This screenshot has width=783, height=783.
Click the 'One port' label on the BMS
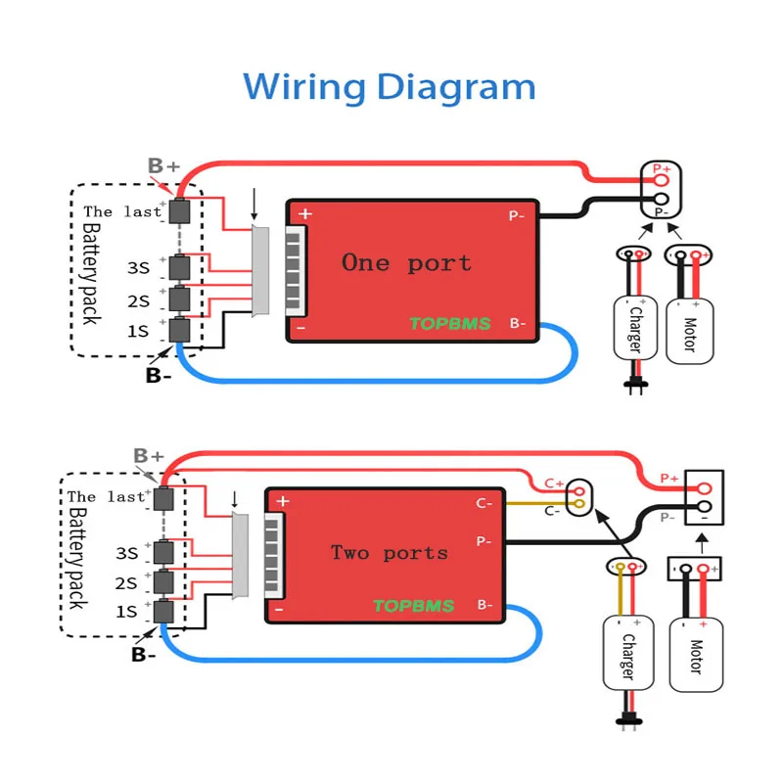406,262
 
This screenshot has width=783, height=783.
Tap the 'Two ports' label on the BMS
389,553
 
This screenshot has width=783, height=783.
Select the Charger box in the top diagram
634,330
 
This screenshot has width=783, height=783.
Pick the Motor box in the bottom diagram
696,655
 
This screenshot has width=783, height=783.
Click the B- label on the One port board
518,323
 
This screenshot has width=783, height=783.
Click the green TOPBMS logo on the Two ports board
413,606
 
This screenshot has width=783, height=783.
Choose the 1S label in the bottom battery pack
126,612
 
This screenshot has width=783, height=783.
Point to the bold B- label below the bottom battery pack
144,655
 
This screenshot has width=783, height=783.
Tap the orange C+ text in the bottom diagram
554,483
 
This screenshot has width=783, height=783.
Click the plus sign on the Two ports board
283,501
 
